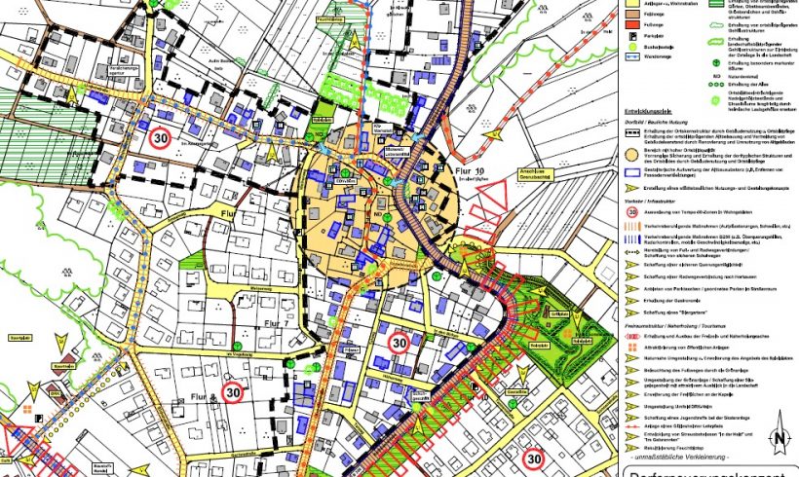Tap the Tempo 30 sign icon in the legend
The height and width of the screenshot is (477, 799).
tap(631, 209)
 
